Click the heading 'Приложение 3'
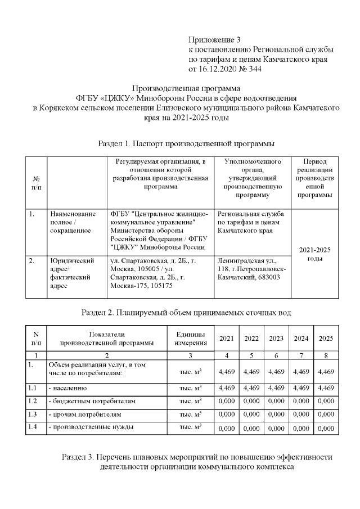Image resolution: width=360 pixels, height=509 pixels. [x=214, y=40]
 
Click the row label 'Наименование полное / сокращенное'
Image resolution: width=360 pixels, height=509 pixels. [x=72, y=222]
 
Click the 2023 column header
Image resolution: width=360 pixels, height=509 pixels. [x=276, y=339]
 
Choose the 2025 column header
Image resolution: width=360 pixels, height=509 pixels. [x=326, y=339]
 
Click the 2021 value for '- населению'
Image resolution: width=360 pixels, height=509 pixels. [x=226, y=388]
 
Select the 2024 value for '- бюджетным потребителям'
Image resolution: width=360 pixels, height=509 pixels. [x=301, y=401]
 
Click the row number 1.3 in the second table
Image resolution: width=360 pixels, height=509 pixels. [x=32, y=414]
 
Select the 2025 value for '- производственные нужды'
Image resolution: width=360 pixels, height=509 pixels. [x=326, y=428]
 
